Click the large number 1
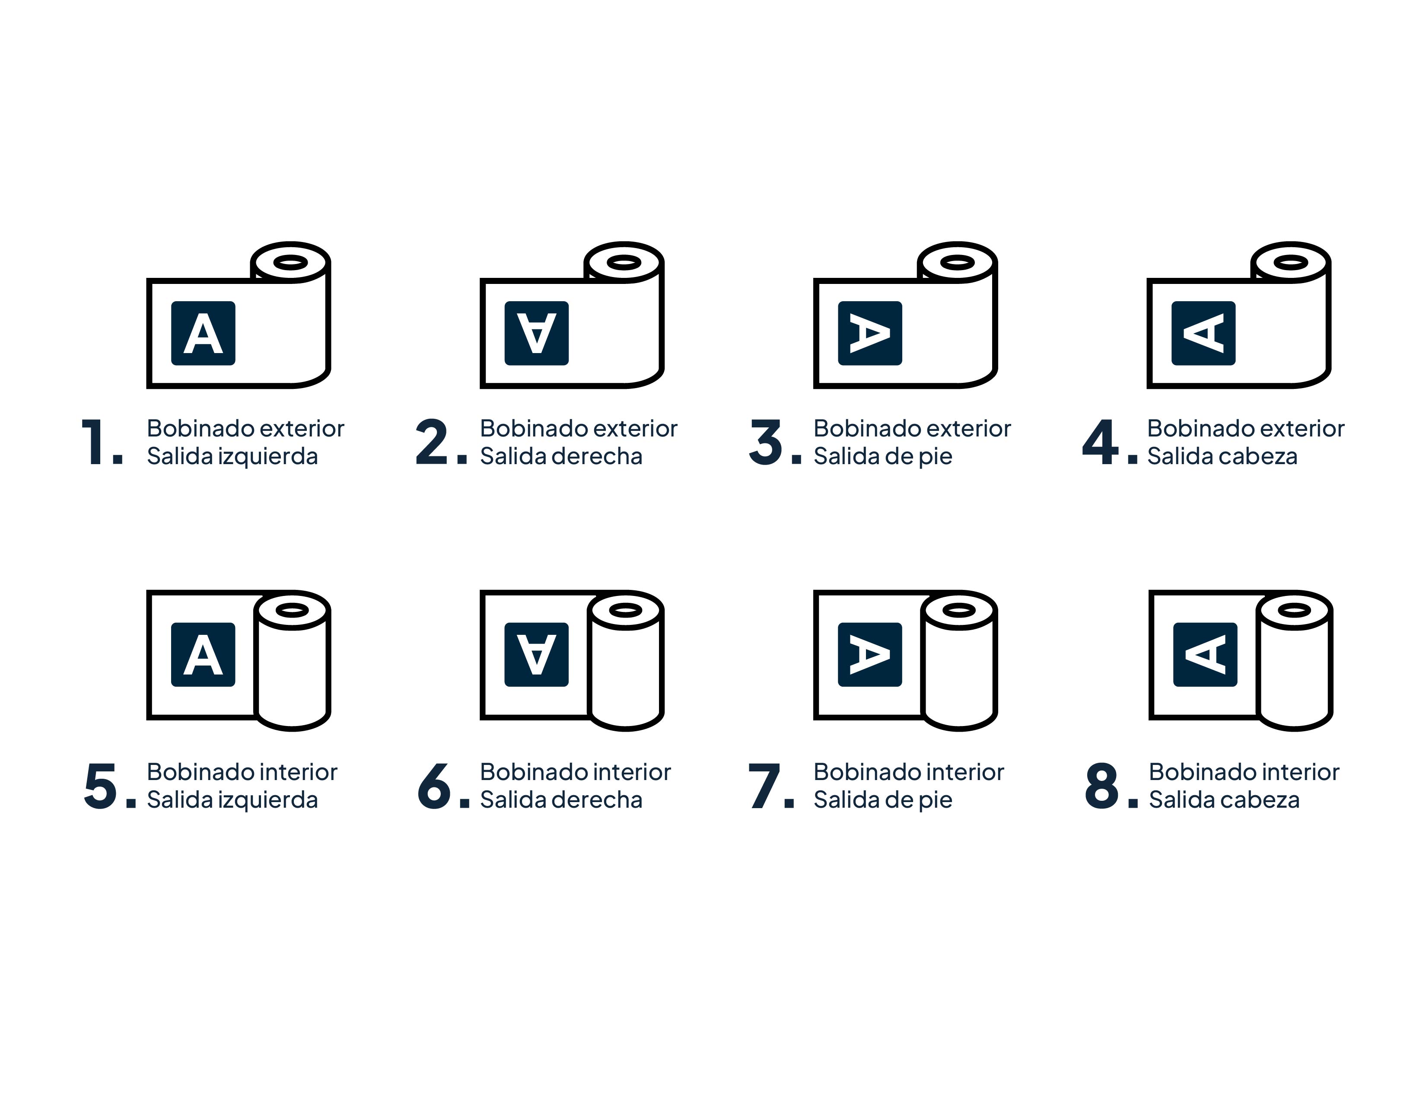coord(93,442)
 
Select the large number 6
coord(434,786)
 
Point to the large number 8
coord(1101,786)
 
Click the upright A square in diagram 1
coord(203,333)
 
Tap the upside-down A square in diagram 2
coord(537,333)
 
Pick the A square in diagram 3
coord(870,333)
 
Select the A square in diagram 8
coord(1205,654)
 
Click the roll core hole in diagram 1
coord(290,262)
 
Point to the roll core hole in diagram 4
coord(1291,262)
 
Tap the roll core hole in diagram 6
coord(626,610)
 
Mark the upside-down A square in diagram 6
coord(537,654)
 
